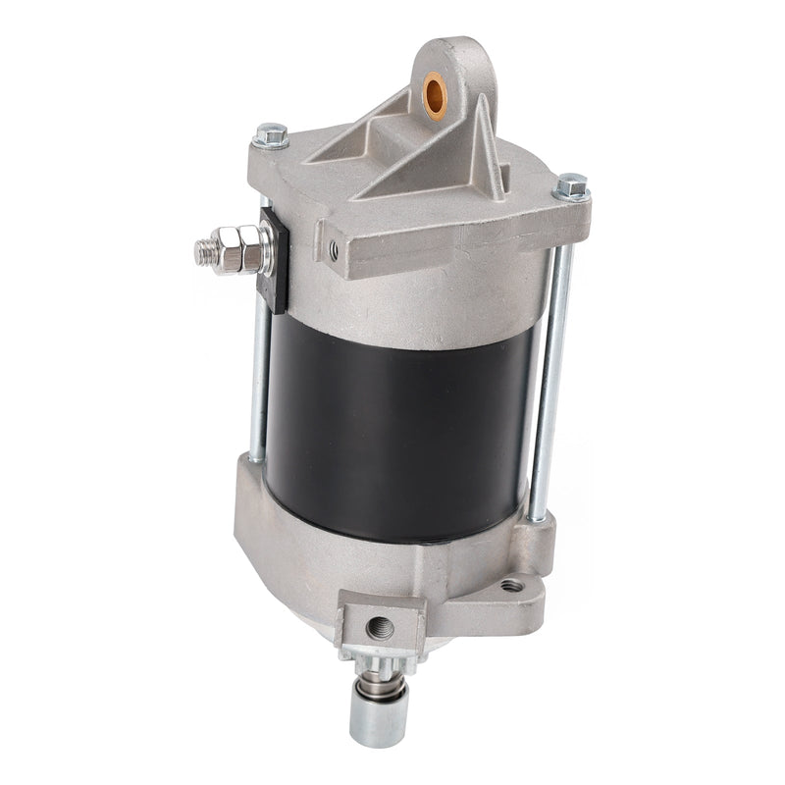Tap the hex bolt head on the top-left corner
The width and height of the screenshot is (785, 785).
pyautogui.click(x=272, y=135)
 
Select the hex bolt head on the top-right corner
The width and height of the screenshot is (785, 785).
pyautogui.click(x=571, y=185)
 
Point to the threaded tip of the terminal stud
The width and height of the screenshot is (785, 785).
pyautogui.click(x=204, y=251)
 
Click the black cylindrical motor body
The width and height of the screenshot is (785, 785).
pyautogui.click(x=392, y=422)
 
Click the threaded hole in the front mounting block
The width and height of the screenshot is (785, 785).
pyautogui.click(x=379, y=624)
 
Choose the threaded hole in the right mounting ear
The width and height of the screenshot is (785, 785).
pyautogui.click(x=511, y=586)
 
